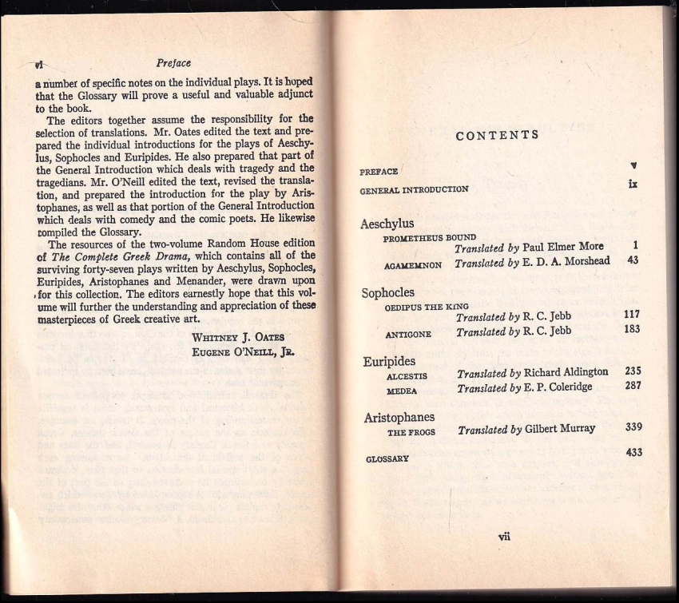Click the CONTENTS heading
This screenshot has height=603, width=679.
click(x=496, y=135)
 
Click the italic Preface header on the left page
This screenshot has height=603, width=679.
click(x=174, y=63)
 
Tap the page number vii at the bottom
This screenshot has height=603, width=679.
click(x=503, y=537)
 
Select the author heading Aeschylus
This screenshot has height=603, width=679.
click(x=387, y=224)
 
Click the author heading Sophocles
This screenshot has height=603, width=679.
click(x=388, y=292)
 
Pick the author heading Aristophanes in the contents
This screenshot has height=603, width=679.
click(x=399, y=417)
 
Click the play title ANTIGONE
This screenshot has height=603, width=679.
click(x=409, y=334)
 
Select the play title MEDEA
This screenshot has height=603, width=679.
click(x=402, y=391)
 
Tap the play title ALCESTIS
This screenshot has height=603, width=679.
click(x=407, y=375)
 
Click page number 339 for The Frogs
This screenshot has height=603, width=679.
click(x=633, y=427)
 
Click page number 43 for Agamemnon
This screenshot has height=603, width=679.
click(x=633, y=260)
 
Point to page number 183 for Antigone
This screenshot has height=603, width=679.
click(x=632, y=329)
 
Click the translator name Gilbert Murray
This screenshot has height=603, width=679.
click(x=560, y=429)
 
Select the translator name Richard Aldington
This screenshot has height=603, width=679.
click(x=566, y=372)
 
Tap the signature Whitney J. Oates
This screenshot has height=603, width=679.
click(x=238, y=335)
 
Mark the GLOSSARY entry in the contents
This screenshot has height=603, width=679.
click(x=387, y=459)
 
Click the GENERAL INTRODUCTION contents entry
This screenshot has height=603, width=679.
click(x=414, y=190)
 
